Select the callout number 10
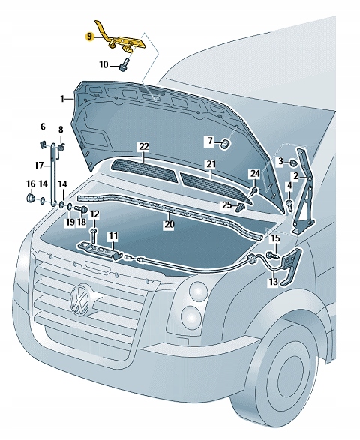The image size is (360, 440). click(103, 65)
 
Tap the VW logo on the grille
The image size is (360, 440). click(78, 300)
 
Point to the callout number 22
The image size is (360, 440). click(143, 147)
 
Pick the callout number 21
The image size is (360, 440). click(211, 164)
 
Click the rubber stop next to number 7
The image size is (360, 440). click(223, 142)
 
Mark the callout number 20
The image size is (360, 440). click(169, 223)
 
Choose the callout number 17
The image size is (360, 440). click(37, 165)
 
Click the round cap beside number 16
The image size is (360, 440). click(31, 198)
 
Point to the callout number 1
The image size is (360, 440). click(64, 97)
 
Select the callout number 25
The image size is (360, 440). click(226, 205)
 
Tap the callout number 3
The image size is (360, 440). click(280, 161)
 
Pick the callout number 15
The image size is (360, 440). click(274, 238)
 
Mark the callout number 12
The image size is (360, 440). click(94, 214)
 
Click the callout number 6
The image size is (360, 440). click(43, 127)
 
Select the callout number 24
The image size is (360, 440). click(255, 174)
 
